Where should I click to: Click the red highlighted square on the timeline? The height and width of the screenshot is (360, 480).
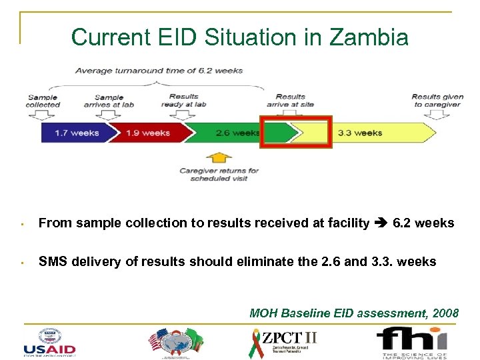tap(295, 132)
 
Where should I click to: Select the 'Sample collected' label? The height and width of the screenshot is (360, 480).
tap(43, 101)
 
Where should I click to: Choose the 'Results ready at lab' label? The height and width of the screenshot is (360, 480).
tap(183, 100)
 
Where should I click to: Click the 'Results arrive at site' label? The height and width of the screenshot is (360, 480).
tap(291, 100)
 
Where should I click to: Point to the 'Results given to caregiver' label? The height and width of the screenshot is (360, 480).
tap(437, 100)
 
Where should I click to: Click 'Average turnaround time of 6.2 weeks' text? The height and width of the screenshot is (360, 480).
tap(159, 70)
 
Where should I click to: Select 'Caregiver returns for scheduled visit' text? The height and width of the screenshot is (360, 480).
tap(219, 174)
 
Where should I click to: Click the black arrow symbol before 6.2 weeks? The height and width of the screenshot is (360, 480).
tap(381, 223)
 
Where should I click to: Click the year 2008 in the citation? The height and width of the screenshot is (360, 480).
tap(445, 312)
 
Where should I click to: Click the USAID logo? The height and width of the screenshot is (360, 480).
tap(49, 341)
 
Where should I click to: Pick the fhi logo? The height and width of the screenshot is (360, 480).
tap(411, 341)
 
